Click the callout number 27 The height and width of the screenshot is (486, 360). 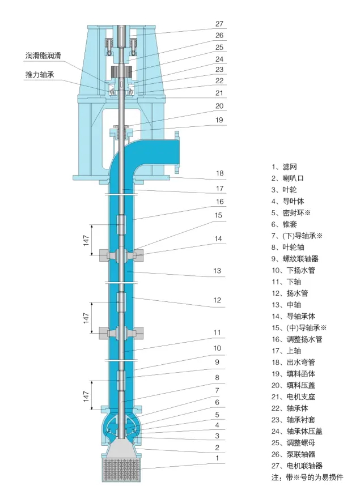tap(219, 24)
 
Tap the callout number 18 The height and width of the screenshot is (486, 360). tap(219, 173)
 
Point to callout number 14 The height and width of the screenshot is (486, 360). tap(218, 239)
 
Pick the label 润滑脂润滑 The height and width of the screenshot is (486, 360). tap(43, 56)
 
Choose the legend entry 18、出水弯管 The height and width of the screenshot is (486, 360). tap(295, 363)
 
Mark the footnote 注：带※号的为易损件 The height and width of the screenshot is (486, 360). tap(307, 477)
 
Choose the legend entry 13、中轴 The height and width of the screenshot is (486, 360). tap(287, 305)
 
